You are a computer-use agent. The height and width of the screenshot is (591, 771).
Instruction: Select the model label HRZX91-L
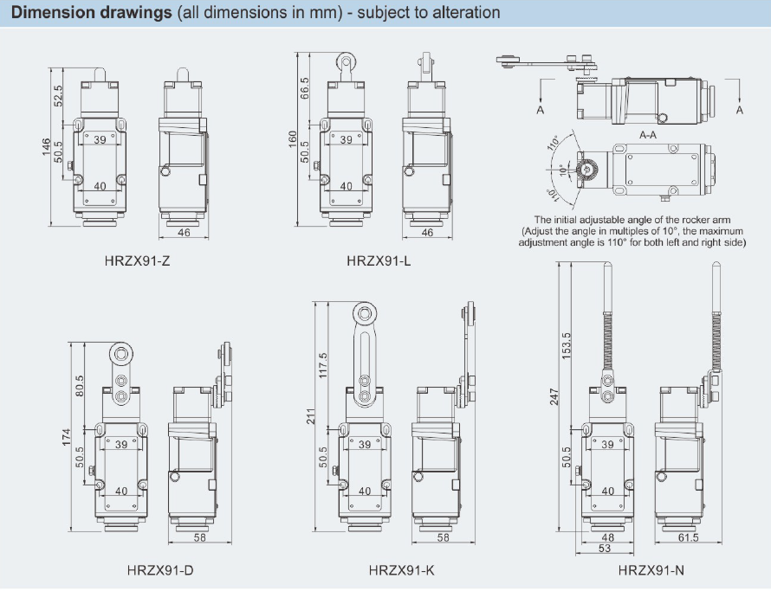point(379,260)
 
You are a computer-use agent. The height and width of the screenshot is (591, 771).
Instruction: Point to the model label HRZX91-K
point(401,570)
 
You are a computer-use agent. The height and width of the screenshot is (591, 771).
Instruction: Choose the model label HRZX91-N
point(651,570)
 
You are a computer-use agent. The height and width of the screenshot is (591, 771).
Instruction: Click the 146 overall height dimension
point(46,149)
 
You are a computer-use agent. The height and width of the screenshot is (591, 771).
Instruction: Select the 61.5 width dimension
point(689,538)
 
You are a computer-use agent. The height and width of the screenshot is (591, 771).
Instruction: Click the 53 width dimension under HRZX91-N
point(606,549)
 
